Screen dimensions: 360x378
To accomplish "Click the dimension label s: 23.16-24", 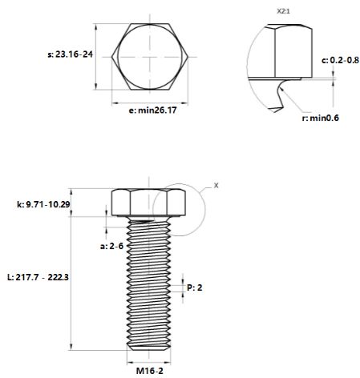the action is (x=70, y=54).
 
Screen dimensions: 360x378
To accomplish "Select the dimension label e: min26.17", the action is (x=152, y=110).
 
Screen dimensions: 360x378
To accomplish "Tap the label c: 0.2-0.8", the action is (x=340, y=60).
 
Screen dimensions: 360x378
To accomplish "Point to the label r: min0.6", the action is (x=320, y=118).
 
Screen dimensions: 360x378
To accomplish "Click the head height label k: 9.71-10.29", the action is (x=43, y=204).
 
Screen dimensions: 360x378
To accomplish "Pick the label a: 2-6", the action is (x=111, y=246).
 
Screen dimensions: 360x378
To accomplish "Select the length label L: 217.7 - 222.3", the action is (x=38, y=277).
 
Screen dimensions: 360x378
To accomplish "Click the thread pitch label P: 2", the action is (x=194, y=288).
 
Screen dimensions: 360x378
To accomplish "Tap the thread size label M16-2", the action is (x=149, y=371).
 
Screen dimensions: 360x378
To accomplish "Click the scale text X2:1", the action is (x=283, y=11).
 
